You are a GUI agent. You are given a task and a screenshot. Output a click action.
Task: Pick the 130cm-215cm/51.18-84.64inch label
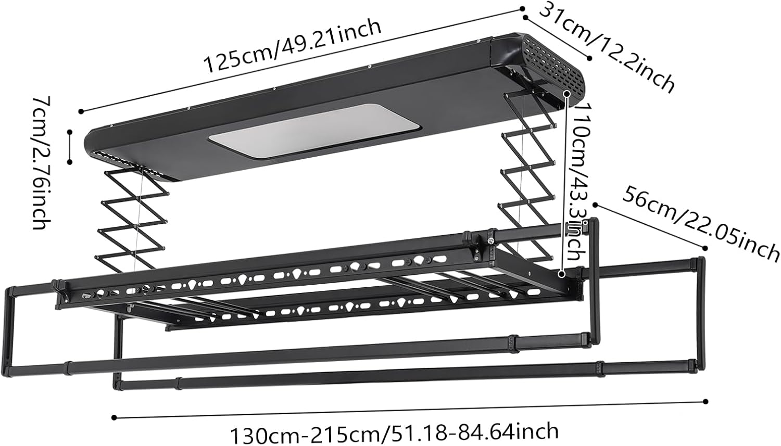click(x=394, y=431)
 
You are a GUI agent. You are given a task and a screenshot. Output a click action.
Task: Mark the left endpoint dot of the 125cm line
click(x=81, y=111)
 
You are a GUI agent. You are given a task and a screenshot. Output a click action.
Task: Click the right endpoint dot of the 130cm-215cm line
click(x=706, y=401)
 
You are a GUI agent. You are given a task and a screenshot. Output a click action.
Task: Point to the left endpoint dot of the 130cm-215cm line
click(x=114, y=417)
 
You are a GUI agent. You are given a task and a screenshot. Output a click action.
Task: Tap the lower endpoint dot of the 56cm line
click(x=706, y=248)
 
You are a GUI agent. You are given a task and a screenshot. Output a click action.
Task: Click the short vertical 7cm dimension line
click(x=69, y=147)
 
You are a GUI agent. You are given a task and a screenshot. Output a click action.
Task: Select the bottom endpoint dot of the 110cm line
click(x=561, y=273)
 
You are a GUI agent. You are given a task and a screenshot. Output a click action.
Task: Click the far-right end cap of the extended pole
click(x=701, y=263)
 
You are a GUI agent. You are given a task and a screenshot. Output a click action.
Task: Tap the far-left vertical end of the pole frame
click(x=10, y=328)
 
